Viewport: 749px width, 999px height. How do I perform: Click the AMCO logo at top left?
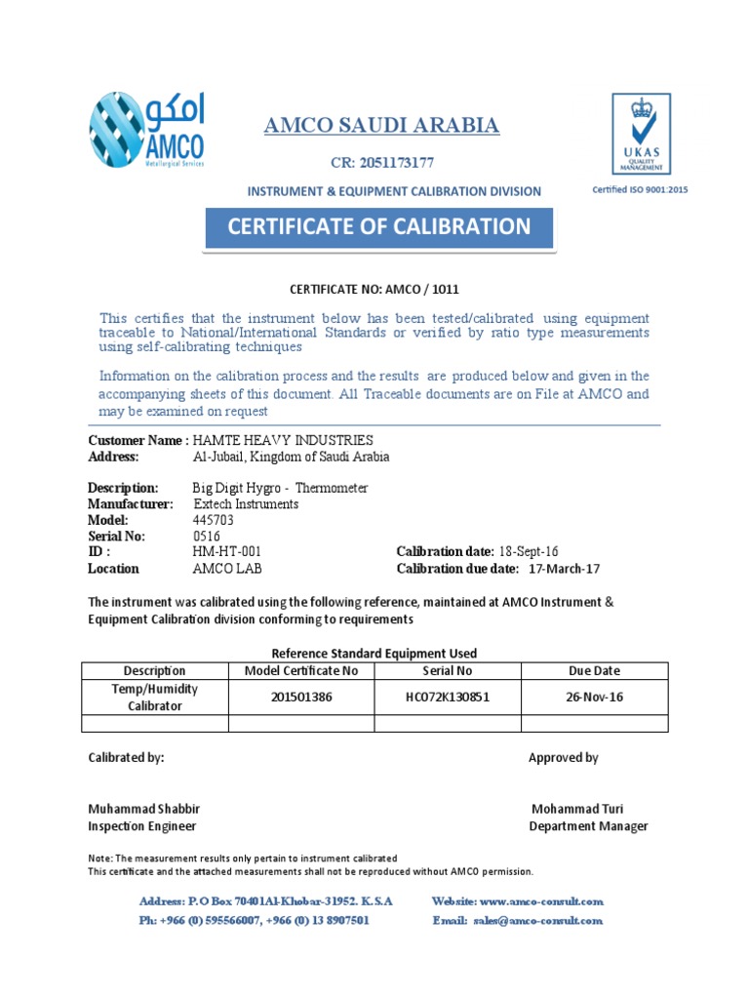pos(146,131)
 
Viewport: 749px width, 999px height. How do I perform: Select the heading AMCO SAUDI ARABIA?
pos(382,125)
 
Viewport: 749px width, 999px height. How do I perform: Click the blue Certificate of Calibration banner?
pos(378,227)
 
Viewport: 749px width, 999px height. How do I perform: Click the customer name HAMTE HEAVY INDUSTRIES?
pos(283,441)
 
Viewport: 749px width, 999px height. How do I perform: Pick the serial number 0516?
pos(207,536)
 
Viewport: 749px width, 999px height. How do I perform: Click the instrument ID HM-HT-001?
pos(226,552)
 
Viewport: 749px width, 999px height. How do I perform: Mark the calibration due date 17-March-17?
pos(566,569)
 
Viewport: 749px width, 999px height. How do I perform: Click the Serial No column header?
pos(448,671)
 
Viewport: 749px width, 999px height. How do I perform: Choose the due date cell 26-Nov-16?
pos(595,698)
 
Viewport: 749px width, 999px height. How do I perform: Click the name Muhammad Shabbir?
pos(144,809)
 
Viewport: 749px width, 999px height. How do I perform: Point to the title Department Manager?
pos(588,826)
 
